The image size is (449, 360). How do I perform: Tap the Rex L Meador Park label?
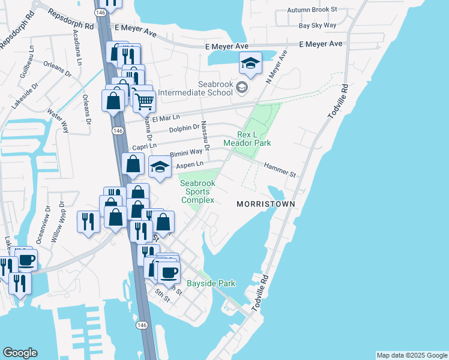247,139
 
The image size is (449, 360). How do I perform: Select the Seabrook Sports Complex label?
197,191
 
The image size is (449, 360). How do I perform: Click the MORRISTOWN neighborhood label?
265,204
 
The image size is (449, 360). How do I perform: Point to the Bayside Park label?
211,283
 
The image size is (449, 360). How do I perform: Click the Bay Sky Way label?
318,25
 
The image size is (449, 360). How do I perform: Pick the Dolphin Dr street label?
184,127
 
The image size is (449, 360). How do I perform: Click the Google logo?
20,353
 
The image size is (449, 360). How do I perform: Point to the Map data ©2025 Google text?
411,355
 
